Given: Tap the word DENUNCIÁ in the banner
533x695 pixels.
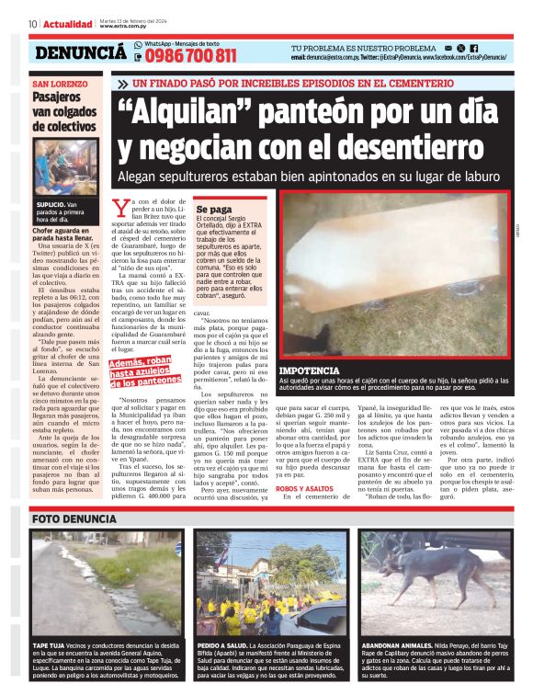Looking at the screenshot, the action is pyautogui.click(x=81, y=53).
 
